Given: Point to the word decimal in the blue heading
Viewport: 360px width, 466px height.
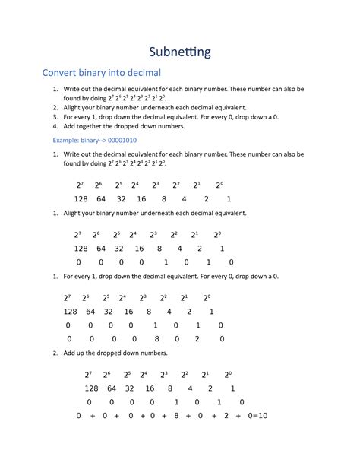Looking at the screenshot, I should pos(140,73).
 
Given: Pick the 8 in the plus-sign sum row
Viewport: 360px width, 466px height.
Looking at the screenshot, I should pos(176,416).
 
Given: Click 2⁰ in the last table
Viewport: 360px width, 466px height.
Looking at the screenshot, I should pos(228,374).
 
